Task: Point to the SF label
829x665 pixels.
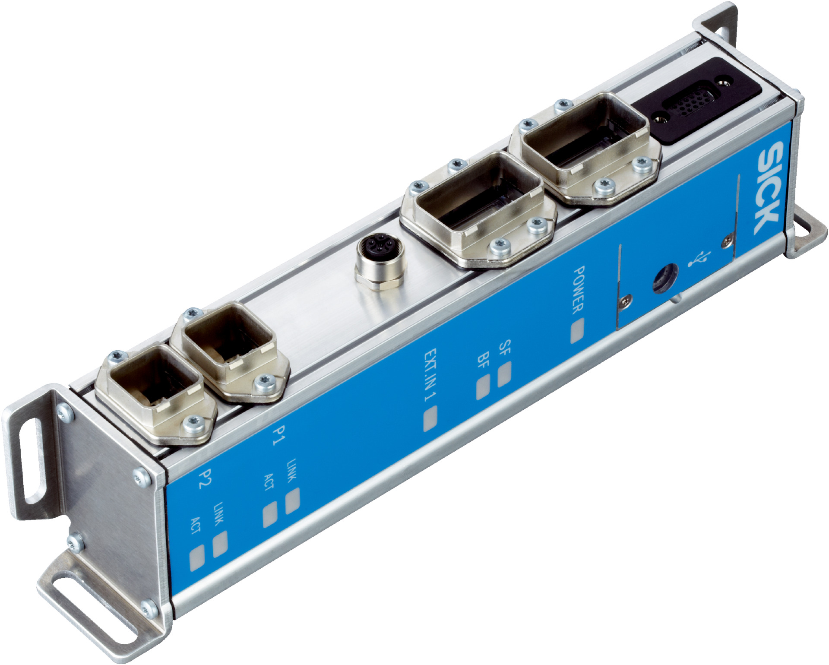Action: (x=504, y=347)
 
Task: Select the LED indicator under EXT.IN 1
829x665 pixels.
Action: (x=430, y=419)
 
